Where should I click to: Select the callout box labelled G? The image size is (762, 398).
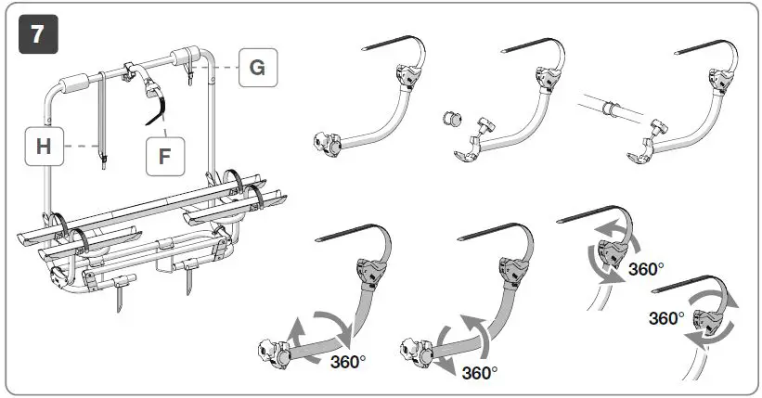pos(257,67)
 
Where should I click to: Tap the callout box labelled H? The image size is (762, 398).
pos(43,147)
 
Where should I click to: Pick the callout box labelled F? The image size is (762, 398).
pos(164,155)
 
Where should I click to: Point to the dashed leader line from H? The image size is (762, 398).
pos(82,147)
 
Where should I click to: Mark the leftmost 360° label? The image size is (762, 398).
pos(348,361)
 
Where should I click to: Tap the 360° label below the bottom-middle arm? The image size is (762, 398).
pos(480,373)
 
